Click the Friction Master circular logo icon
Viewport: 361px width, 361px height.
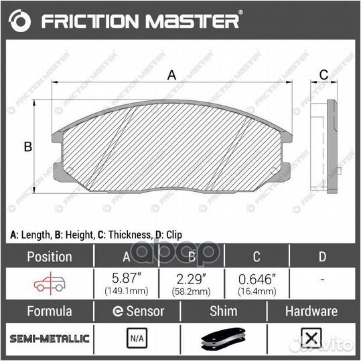[x=22, y=21]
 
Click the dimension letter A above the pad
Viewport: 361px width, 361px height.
[x=171, y=76]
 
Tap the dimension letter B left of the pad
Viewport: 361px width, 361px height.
[x=28, y=147]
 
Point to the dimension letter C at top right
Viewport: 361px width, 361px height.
[x=322, y=74]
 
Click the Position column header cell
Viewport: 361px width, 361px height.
[x=48, y=256]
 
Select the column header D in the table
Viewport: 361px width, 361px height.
[x=322, y=256]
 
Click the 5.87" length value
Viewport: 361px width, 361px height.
[x=126, y=277]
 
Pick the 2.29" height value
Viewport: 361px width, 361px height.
[x=192, y=277]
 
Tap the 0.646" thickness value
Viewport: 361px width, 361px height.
[x=257, y=277]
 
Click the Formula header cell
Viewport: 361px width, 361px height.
[x=48, y=311]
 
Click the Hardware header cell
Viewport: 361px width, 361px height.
[x=311, y=311]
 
